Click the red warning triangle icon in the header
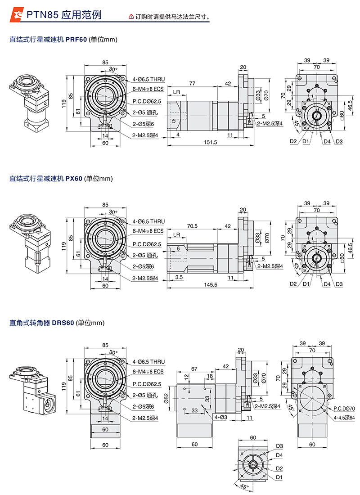click(x=131, y=17)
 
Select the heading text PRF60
click(x=76, y=40)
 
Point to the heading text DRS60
click(x=63, y=323)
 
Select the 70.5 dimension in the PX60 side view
click(x=192, y=226)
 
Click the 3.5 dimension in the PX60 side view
click(x=179, y=278)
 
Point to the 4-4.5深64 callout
click(x=344, y=417)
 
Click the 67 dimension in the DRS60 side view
click(x=194, y=369)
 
